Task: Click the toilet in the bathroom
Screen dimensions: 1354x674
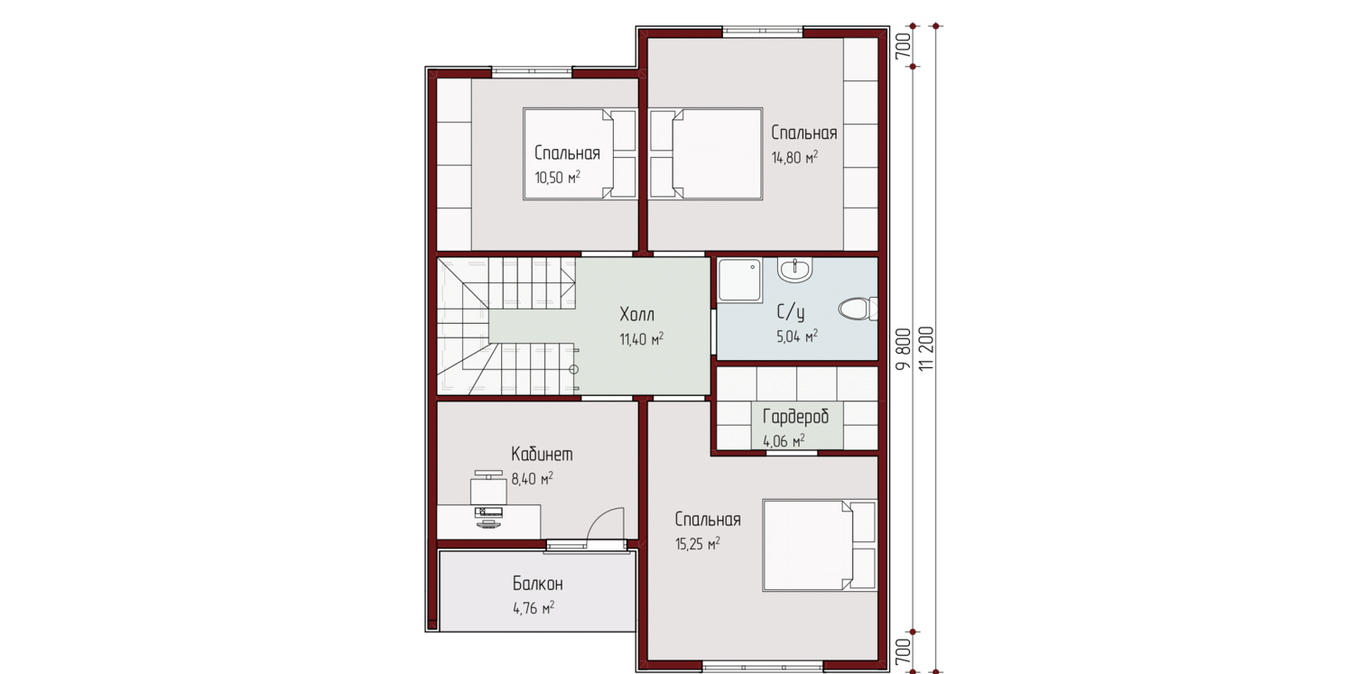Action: (858, 309)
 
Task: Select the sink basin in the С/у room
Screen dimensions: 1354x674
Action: (795, 270)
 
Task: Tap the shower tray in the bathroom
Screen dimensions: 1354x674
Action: (740, 281)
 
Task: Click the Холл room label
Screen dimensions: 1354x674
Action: (637, 314)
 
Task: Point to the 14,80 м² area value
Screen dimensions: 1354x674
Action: (794, 158)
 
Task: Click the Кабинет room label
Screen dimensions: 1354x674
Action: (542, 454)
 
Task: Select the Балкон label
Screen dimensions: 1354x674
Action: (537, 584)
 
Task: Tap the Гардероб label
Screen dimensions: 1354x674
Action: (795, 416)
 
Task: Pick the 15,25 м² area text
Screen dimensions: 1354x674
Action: (698, 544)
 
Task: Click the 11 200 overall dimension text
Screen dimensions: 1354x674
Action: (926, 349)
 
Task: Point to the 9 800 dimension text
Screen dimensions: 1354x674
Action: (903, 349)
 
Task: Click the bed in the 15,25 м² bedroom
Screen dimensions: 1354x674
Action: (819, 545)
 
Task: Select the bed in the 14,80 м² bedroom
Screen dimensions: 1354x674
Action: (706, 153)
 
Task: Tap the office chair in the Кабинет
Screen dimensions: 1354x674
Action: (488, 487)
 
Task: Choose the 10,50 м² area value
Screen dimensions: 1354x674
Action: (557, 178)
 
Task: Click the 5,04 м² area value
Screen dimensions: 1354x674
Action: (797, 337)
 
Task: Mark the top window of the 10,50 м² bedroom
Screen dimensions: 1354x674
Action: (532, 72)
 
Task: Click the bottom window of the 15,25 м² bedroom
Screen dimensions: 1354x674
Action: (764, 667)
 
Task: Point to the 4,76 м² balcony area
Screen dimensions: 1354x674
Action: (533, 608)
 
